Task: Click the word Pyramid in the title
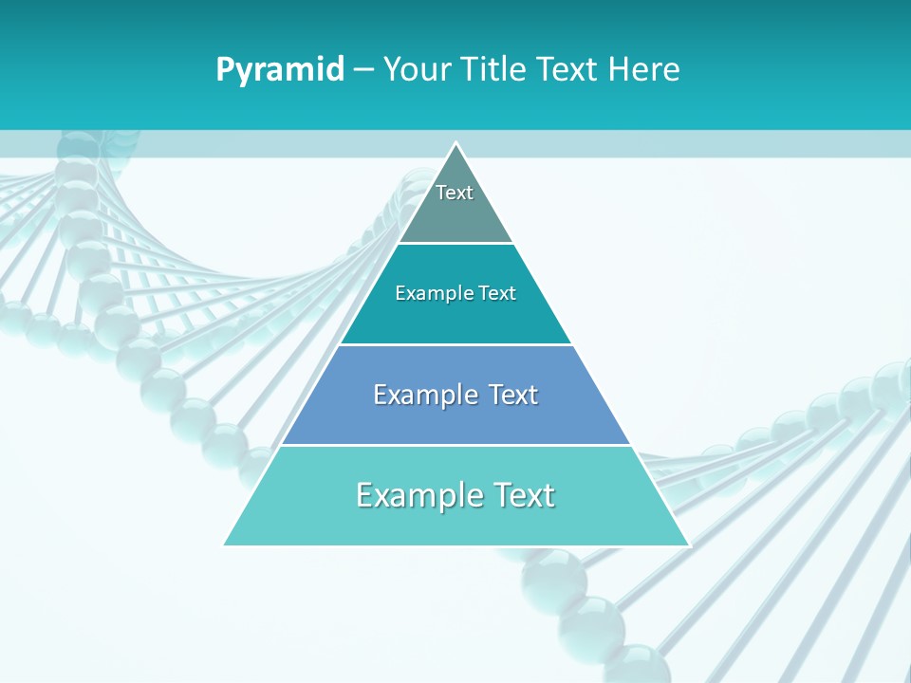[279, 70]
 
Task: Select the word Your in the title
[414, 70]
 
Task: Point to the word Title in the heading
[491, 70]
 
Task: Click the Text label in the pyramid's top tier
[455, 193]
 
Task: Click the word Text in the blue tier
[513, 395]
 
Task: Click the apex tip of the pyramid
[455, 144]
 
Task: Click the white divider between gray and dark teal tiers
[455, 244]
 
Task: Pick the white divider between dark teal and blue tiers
[455, 344]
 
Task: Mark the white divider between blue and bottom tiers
[455, 445]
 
